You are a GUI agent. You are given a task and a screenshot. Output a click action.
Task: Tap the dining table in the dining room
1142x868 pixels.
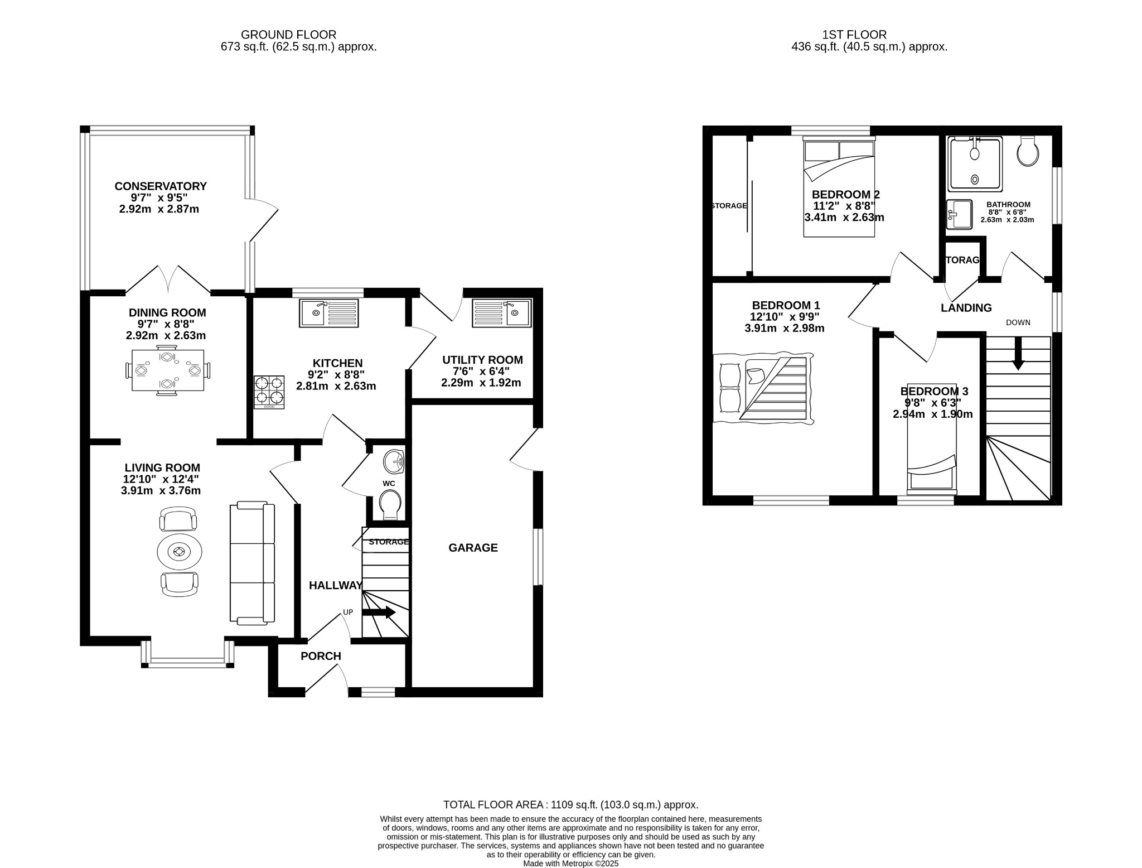pyautogui.click(x=167, y=370)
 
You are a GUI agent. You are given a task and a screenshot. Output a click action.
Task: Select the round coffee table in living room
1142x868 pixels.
pyautogui.click(x=179, y=552)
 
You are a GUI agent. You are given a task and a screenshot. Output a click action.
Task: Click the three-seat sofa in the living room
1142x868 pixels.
pyautogui.click(x=252, y=562)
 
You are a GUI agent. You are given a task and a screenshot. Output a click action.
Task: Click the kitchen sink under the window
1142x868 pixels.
pyautogui.click(x=329, y=313)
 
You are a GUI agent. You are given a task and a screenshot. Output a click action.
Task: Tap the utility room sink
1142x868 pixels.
pyautogui.click(x=502, y=313)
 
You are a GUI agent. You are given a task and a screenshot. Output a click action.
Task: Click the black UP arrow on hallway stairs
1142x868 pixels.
pyautogui.click(x=379, y=613)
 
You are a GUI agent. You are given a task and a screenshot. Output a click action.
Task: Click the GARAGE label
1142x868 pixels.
pyautogui.click(x=473, y=548)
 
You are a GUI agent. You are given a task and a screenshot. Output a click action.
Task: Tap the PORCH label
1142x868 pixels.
pyautogui.click(x=321, y=656)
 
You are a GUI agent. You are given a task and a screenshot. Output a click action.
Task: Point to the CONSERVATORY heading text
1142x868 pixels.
pyautogui.click(x=161, y=186)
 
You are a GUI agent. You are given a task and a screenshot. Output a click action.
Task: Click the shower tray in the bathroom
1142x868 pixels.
pyautogui.click(x=976, y=163)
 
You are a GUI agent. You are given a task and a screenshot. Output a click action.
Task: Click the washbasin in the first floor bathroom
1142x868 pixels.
pyautogui.click(x=959, y=214)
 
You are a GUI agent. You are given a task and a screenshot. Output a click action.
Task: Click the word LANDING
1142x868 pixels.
pyautogui.click(x=966, y=308)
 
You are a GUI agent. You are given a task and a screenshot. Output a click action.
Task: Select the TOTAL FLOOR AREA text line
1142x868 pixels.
pyautogui.click(x=570, y=805)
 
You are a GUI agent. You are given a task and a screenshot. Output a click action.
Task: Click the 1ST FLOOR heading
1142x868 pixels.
pyautogui.click(x=854, y=35)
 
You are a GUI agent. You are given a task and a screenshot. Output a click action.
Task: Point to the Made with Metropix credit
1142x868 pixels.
pyautogui.click(x=570, y=863)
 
